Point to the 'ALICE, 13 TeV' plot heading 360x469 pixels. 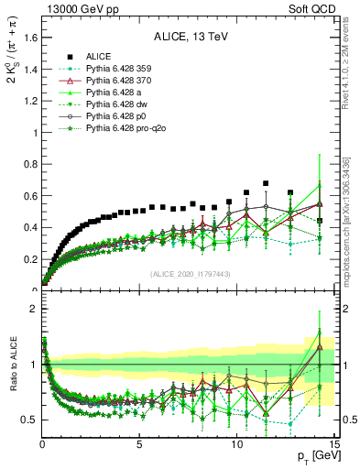pos(190,38)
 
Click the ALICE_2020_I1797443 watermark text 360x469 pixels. pos(189,274)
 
